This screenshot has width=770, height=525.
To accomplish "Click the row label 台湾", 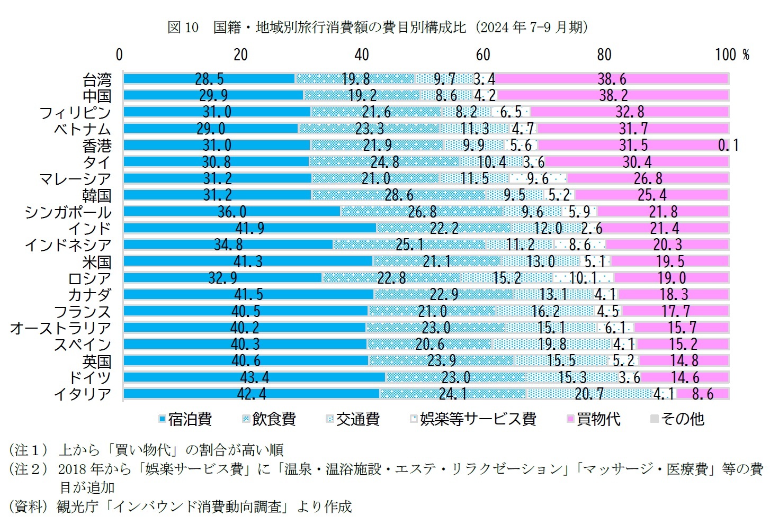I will click(x=97, y=79).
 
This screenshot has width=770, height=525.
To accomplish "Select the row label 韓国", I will click(x=97, y=195).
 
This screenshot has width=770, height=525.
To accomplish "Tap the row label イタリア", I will click(x=83, y=394).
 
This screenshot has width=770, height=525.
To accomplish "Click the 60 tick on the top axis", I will click(x=482, y=55).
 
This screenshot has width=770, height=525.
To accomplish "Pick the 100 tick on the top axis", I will click(x=726, y=55).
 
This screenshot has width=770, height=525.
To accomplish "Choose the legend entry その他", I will click(x=677, y=419).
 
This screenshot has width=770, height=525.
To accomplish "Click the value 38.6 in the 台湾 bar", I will click(x=612, y=79).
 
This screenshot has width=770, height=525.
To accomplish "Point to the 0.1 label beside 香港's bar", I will click(x=728, y=145).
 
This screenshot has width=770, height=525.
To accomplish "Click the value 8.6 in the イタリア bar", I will click(x=703, y=394).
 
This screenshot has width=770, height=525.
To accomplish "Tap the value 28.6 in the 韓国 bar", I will click(x=399, y=195).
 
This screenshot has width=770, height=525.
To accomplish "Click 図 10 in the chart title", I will click(x=183, y=28).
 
